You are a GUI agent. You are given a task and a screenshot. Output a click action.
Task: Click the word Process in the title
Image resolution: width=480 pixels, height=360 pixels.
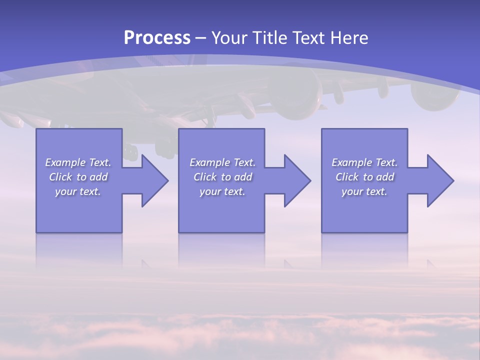click(157, 38)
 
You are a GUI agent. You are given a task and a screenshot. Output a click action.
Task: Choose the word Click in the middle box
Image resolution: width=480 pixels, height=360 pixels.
click(205, 177)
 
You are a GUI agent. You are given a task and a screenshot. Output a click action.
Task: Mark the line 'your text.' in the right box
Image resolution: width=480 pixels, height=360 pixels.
click(364, 191)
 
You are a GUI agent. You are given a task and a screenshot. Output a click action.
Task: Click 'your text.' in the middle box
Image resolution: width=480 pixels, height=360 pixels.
click(222, 191)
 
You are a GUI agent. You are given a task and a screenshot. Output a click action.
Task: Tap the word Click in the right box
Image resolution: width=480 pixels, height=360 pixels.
click(347, 177)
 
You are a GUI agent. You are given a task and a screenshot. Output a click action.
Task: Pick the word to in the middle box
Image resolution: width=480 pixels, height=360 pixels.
click(226, 177)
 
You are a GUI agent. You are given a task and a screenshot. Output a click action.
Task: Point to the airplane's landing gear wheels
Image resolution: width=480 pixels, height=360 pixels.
click(165, 148)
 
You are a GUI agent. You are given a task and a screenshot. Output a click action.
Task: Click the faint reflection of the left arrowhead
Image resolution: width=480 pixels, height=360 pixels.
click(146, 262)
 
